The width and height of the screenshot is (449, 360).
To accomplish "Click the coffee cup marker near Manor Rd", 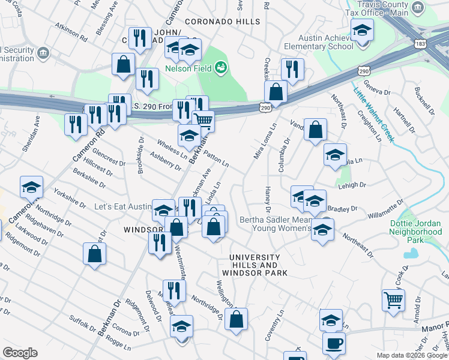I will click(x=334, y=344).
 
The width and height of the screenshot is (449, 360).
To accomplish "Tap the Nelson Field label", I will click(x=188, y=69).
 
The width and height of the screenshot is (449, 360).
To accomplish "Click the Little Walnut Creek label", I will click(x=373, y=115).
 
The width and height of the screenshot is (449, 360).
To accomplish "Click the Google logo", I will click(x=20, y=353).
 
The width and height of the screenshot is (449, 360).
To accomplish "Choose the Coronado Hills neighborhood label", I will click(x=222, y=21).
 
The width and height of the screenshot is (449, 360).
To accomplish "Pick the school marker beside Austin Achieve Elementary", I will click(x=363, y=30).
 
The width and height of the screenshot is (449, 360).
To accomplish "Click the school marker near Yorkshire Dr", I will click(x=31, y=187).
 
